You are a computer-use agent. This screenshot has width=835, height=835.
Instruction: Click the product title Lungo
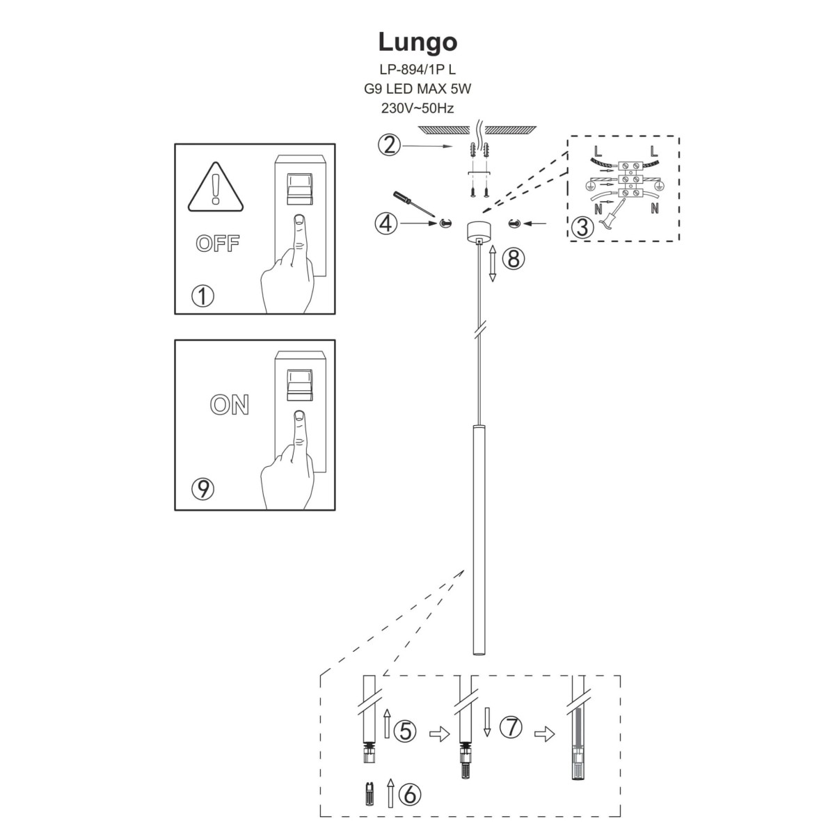(x=417, y=42)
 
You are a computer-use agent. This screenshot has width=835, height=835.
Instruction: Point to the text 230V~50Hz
(x=417, y=108)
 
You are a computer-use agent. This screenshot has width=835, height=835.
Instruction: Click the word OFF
(x=218, y=244)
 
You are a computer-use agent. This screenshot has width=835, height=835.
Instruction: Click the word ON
(x=230, y=405)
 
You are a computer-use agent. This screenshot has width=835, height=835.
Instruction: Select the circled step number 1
(x=202, y=297)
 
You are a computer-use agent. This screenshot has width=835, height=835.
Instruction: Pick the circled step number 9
(x=202, y=489)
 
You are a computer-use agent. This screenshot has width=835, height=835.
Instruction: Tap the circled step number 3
(x=582, y=227)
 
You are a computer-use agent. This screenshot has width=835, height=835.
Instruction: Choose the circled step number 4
(x=386, y=223)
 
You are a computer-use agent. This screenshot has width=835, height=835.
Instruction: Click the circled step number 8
(x=513, y=260)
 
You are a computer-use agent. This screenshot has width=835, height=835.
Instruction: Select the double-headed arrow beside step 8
(x=492, y=263)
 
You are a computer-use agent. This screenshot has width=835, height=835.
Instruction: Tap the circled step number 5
(x=405, y=730)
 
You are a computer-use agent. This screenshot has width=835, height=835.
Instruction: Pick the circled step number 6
(x=410, y=793)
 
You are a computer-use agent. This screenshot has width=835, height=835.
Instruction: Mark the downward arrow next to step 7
(x=487, y=722)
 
